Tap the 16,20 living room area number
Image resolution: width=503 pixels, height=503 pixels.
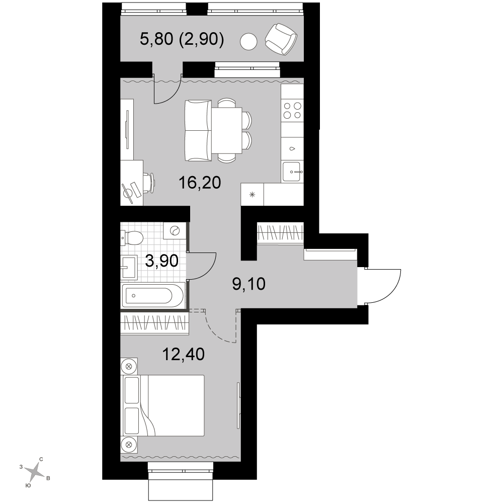[x=200, y=183]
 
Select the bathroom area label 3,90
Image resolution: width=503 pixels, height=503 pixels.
[x=161, y=261]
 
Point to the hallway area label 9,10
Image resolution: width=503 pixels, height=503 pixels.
[x=248, y=284]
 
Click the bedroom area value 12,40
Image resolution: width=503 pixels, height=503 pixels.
[x=184, y=355]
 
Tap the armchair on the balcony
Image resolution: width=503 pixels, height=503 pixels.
[x=281, y=39]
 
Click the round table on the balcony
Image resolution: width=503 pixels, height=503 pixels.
[x=249, y=42]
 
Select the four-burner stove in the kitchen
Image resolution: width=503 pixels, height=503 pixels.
[x=292, y=110]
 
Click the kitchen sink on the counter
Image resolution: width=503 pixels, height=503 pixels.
[x=292, y=172]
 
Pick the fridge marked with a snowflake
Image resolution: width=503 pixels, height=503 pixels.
[x=252, y=194]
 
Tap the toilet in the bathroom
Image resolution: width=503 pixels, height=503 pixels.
[x=132, y=238]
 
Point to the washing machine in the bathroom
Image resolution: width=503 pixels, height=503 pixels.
[x=174, y=231]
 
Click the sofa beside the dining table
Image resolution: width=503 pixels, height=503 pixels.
[x=198, y=130]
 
